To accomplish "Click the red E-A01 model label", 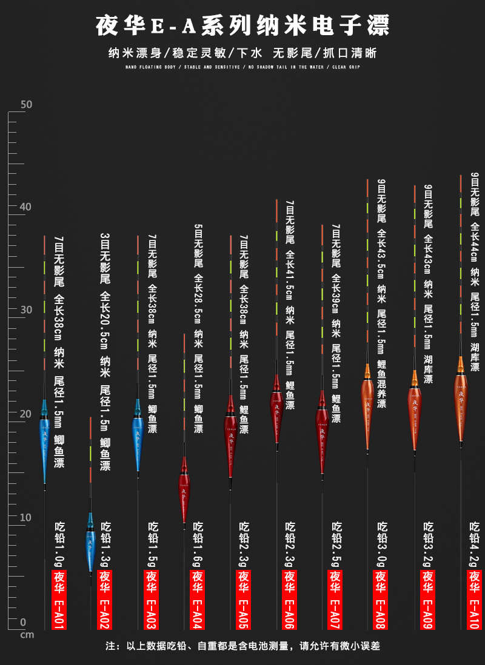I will click(x=59, y=599).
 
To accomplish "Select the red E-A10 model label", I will click(x=474, y=599).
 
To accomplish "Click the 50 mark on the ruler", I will click(x=26, y=104).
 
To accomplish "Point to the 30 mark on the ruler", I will click(x=26, y=310).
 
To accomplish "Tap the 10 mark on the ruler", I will click(x=26, y=517).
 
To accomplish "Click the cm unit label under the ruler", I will click(x=27, y=634).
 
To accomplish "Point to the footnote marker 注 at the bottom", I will click(x=110, y=646).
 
